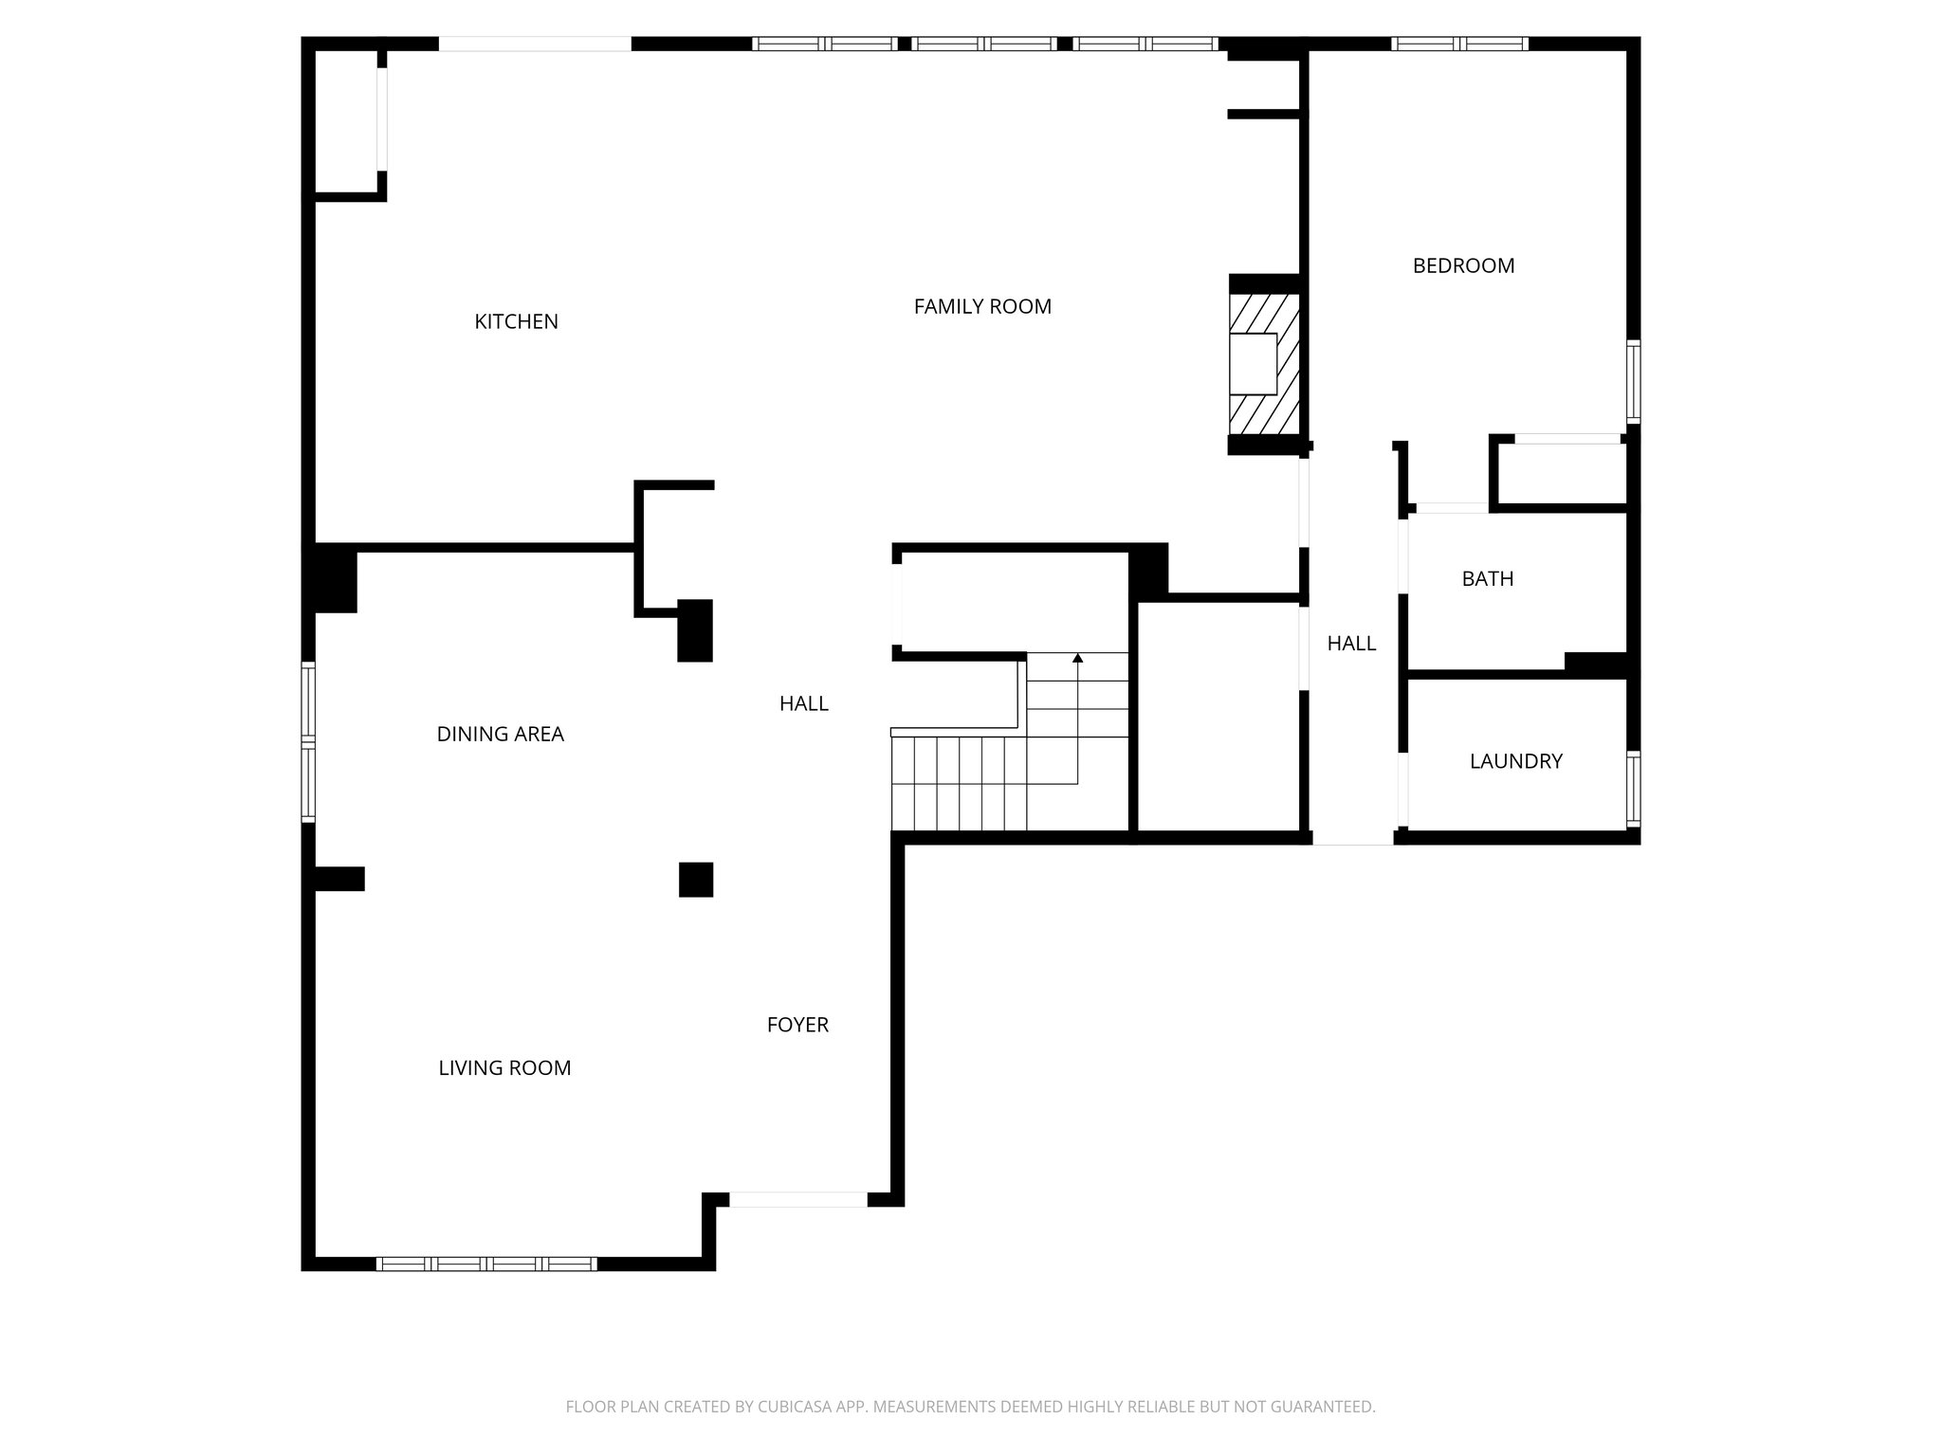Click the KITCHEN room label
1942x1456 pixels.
pos(516,321)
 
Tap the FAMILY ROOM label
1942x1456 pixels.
pos(982,306)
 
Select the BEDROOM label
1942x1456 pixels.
pos(1463,265)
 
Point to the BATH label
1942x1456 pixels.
pos(1487,578)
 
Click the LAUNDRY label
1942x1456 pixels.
pos(1515,761)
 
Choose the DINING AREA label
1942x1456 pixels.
pos(500,734)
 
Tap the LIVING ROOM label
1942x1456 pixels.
pos(504,1068)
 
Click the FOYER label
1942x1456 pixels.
pos(797,1025)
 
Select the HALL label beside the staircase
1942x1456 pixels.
pos(803,703)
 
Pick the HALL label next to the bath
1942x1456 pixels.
pos(1351,644)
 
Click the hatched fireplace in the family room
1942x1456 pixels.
pos(1264,364)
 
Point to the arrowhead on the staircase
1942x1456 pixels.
pos(1077,657)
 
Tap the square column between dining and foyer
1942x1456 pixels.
pos(696,880)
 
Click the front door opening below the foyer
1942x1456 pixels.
pos(797,1199)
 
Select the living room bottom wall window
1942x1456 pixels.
pos(486,1263)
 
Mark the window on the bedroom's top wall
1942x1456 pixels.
pos(1459,44)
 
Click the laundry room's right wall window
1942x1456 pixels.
pos(1633,789)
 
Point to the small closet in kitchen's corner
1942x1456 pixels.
pos(346,121)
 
